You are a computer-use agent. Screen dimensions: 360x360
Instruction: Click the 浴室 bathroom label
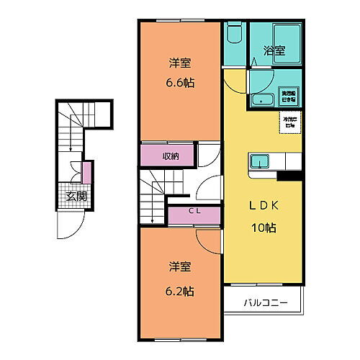click(x=274, y=51)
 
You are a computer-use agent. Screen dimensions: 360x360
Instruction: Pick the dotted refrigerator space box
click(x=290, y=122)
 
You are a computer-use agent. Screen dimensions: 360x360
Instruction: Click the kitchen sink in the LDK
click(x=259, y=161)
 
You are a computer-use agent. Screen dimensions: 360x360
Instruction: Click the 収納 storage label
click(x=170, y=156)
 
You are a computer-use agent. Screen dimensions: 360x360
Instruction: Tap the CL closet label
click(x=194, y=211)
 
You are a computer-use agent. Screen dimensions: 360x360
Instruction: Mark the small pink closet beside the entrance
click(x=86, y=174)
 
